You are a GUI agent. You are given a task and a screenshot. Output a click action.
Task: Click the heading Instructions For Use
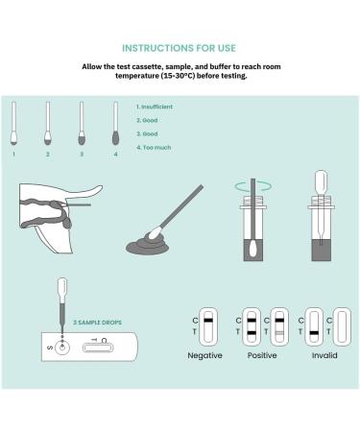pos(179,48)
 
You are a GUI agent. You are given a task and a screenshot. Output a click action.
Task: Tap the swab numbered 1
pos(13,123)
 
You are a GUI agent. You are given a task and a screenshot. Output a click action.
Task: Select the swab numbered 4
pos(115,123)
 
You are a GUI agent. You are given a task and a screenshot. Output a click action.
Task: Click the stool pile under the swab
pos(147,245)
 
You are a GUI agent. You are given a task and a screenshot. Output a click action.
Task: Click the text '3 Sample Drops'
pos(97,323)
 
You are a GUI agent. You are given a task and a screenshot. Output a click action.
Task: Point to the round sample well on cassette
pos(62,348)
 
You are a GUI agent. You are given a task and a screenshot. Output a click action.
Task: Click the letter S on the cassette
pos(50,348)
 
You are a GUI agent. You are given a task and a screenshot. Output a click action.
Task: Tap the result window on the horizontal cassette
pos(98,348)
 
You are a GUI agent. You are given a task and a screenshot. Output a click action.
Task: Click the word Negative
pos(204,355)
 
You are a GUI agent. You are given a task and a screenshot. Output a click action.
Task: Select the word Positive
pos(262,355)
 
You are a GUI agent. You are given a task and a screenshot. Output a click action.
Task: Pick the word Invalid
pos(324,355)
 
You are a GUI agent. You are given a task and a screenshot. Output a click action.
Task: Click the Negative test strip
pos(208,326)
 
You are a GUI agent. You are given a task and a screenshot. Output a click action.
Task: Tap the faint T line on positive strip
pos(279,333)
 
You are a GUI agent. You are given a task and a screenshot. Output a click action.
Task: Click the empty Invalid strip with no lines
pos(342,326)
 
